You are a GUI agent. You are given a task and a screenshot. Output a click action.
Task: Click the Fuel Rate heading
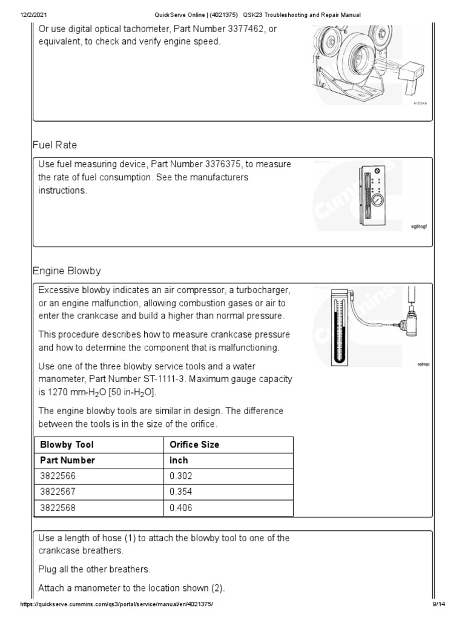54,146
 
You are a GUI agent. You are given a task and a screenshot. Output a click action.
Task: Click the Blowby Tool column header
67,444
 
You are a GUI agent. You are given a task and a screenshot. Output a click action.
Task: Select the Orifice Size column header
194,444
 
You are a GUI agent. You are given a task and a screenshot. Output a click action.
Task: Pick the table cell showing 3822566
59,477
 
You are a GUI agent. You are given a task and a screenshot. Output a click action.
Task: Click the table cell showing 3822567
59,492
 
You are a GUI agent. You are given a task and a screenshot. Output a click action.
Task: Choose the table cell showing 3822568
59,508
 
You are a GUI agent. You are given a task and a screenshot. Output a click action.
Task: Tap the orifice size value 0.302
180,477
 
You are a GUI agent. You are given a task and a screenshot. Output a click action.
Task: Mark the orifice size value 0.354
180,492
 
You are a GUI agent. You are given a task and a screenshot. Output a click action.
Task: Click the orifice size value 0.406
180,508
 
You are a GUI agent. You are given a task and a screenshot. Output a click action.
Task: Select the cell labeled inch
180,460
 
